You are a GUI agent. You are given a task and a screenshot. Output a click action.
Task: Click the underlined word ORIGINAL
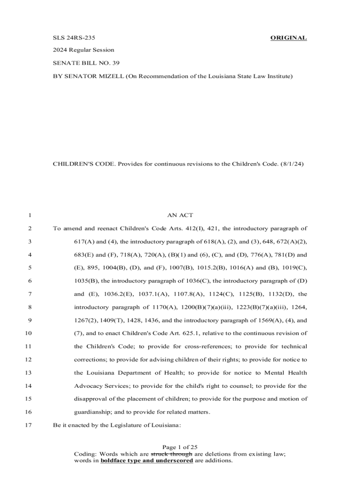pos(288,38)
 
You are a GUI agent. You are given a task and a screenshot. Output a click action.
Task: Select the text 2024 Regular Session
pos(83,50)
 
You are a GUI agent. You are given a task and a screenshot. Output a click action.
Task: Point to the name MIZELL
pos(109,75)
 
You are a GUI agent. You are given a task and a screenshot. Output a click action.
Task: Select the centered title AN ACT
pos(180,216)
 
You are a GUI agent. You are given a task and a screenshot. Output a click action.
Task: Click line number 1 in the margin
pos(29,216)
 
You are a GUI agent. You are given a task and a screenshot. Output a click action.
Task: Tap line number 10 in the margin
pos(28,334)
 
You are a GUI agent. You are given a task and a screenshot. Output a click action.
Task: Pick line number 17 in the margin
pos(28,425)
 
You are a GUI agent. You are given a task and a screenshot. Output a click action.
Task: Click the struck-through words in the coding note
pos(171,454)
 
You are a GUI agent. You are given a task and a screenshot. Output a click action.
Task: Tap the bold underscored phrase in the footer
pos(146,461)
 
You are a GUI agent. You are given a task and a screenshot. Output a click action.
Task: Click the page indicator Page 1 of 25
pos(180,448)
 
